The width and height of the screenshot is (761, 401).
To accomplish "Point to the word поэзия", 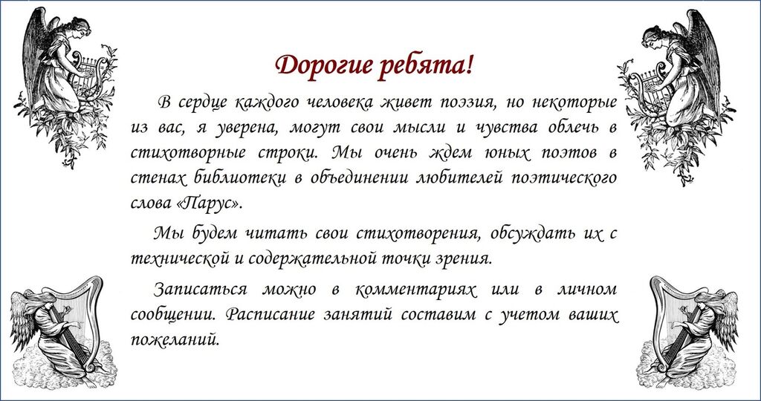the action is [x=468, y=102].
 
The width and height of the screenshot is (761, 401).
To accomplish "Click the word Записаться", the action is [x=201, y=290].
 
